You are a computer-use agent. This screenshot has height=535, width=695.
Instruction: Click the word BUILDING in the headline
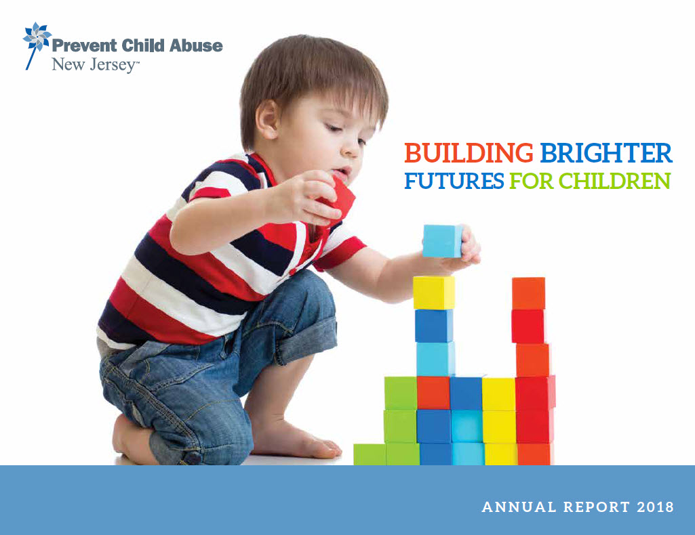469,154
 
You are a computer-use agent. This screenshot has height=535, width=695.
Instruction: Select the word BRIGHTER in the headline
605,154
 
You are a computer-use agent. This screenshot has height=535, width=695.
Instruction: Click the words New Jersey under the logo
96,66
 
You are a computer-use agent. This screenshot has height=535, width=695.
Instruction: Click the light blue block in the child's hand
442,241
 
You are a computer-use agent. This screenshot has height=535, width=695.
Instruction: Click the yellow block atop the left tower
434,293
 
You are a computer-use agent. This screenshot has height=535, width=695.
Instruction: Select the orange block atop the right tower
528,293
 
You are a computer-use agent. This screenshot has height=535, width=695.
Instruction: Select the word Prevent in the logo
79,46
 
